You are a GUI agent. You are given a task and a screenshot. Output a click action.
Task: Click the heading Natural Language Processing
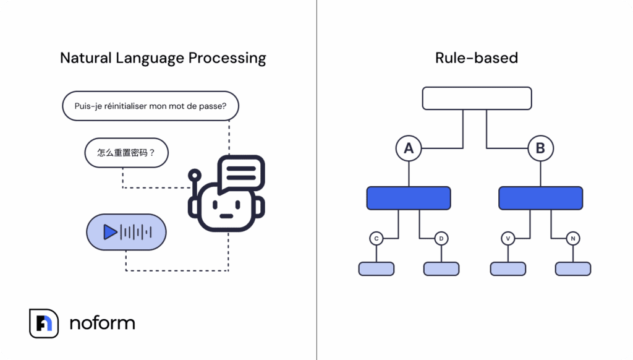pos(163,58)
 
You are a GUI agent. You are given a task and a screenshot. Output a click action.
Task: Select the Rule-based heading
pos(476,58)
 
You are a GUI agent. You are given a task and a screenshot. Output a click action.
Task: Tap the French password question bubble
pos(150,106)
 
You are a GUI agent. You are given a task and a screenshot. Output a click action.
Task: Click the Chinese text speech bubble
pos(126,152)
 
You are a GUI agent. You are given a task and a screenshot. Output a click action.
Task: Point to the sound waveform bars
pos(135,232)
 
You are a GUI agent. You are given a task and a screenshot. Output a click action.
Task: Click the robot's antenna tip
pos(195,175)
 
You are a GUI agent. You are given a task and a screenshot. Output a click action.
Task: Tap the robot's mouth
pos(226,216)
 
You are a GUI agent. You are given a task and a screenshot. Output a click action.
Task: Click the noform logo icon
pos(44,323)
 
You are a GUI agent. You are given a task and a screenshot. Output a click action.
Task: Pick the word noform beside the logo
pos(102,323)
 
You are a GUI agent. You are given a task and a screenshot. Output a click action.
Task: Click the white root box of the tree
pos(477,98)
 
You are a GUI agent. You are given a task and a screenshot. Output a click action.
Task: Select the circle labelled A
pos(409,148)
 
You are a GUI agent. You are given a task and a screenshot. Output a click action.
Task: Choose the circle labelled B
pos(540,148)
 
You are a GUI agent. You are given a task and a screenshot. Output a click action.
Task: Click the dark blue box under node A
pos(409,198)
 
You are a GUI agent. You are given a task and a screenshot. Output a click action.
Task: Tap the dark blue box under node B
pos(540,198)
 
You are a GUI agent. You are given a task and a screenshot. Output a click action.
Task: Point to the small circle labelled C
pos(376,238)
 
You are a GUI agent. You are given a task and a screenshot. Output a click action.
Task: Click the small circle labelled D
pos(441,238)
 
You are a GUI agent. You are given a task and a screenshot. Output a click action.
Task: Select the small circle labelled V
pos(508,238)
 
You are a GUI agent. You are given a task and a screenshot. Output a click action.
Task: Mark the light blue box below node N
pos(572,268)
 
